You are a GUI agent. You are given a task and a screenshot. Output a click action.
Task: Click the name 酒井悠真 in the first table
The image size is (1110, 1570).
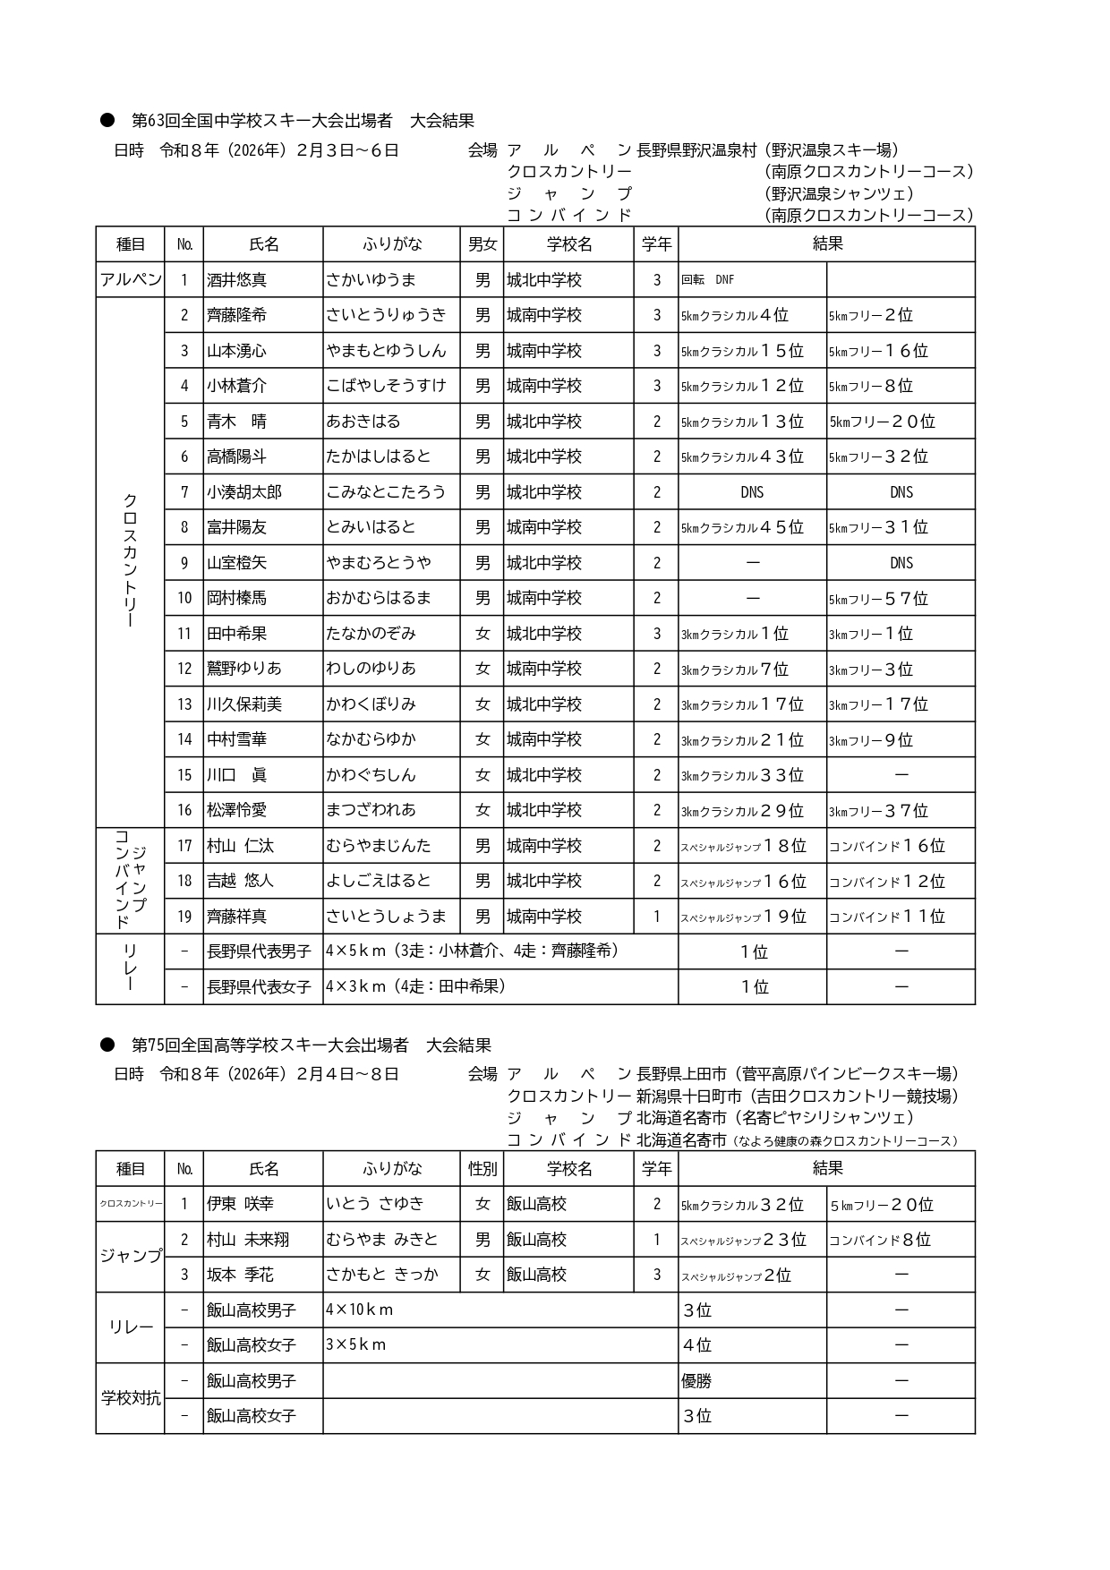237,280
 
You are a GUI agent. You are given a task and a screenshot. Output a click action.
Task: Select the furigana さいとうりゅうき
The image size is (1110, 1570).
386,315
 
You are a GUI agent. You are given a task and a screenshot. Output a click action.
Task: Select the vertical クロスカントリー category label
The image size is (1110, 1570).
131,561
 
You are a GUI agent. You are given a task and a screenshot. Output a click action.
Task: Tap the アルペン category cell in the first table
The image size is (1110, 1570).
131,280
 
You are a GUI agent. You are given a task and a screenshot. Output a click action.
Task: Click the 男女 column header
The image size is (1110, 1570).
482,244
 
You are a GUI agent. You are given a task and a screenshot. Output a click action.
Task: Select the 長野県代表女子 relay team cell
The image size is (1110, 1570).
259,987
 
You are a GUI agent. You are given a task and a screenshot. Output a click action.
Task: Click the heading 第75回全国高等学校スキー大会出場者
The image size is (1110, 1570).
269,1045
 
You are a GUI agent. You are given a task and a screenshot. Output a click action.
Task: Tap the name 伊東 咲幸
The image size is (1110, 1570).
240,1204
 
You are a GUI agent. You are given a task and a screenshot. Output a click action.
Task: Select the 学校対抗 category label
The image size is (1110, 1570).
131,1398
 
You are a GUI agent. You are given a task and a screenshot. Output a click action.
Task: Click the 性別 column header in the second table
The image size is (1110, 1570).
482,1169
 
